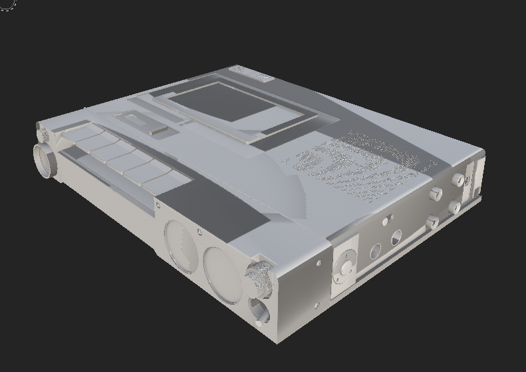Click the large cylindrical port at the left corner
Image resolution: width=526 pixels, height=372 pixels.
[45, 160]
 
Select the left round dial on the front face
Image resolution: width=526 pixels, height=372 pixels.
[180, 246]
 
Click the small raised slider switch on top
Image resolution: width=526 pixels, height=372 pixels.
[158, 131]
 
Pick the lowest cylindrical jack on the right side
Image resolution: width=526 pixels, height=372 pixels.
[433, 222]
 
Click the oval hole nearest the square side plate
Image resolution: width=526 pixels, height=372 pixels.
[375, 252]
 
